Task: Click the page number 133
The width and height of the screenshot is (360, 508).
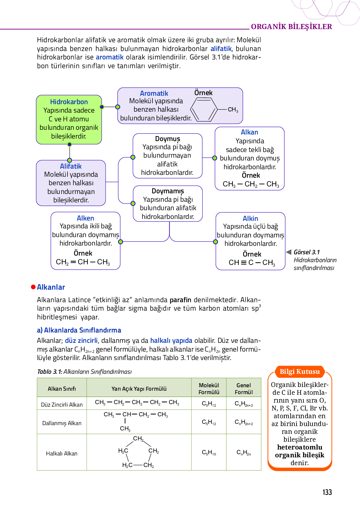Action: (x=327, y=492)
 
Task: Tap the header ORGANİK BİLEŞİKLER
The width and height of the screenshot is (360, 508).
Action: (x=291, y=27)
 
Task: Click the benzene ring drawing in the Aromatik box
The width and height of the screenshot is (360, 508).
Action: (x=204, y=109)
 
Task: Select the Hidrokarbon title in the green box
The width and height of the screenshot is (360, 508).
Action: (x=69, y=102)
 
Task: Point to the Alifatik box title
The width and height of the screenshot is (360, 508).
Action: (x=71, y=166)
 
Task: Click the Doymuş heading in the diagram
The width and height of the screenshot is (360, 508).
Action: (x=167, y=139)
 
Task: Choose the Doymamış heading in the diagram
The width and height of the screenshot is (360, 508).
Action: (x=168, y=191)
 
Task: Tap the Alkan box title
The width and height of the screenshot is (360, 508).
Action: (x=249, y=132)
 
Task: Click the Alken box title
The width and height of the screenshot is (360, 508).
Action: (x=85, y=218)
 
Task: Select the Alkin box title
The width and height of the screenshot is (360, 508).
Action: (x=250, y=218)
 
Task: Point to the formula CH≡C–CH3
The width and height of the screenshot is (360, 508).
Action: (x=252, y=262)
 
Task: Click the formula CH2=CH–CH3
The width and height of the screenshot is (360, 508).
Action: (x=83, y=262)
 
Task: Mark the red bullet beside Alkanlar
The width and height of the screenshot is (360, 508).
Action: (x=33, y=287)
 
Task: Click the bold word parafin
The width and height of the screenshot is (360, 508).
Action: (x=180, y=300)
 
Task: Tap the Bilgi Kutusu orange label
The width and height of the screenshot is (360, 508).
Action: (x=299, y=372)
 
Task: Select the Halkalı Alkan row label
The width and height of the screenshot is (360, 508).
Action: (x=62, y=453)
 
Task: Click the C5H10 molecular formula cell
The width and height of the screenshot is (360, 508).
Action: (x=209, y=452)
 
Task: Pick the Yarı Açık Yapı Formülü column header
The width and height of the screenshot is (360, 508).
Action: (x=139, y=389)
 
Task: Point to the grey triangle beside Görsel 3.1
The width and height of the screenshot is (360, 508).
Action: (x=289, y=252)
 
